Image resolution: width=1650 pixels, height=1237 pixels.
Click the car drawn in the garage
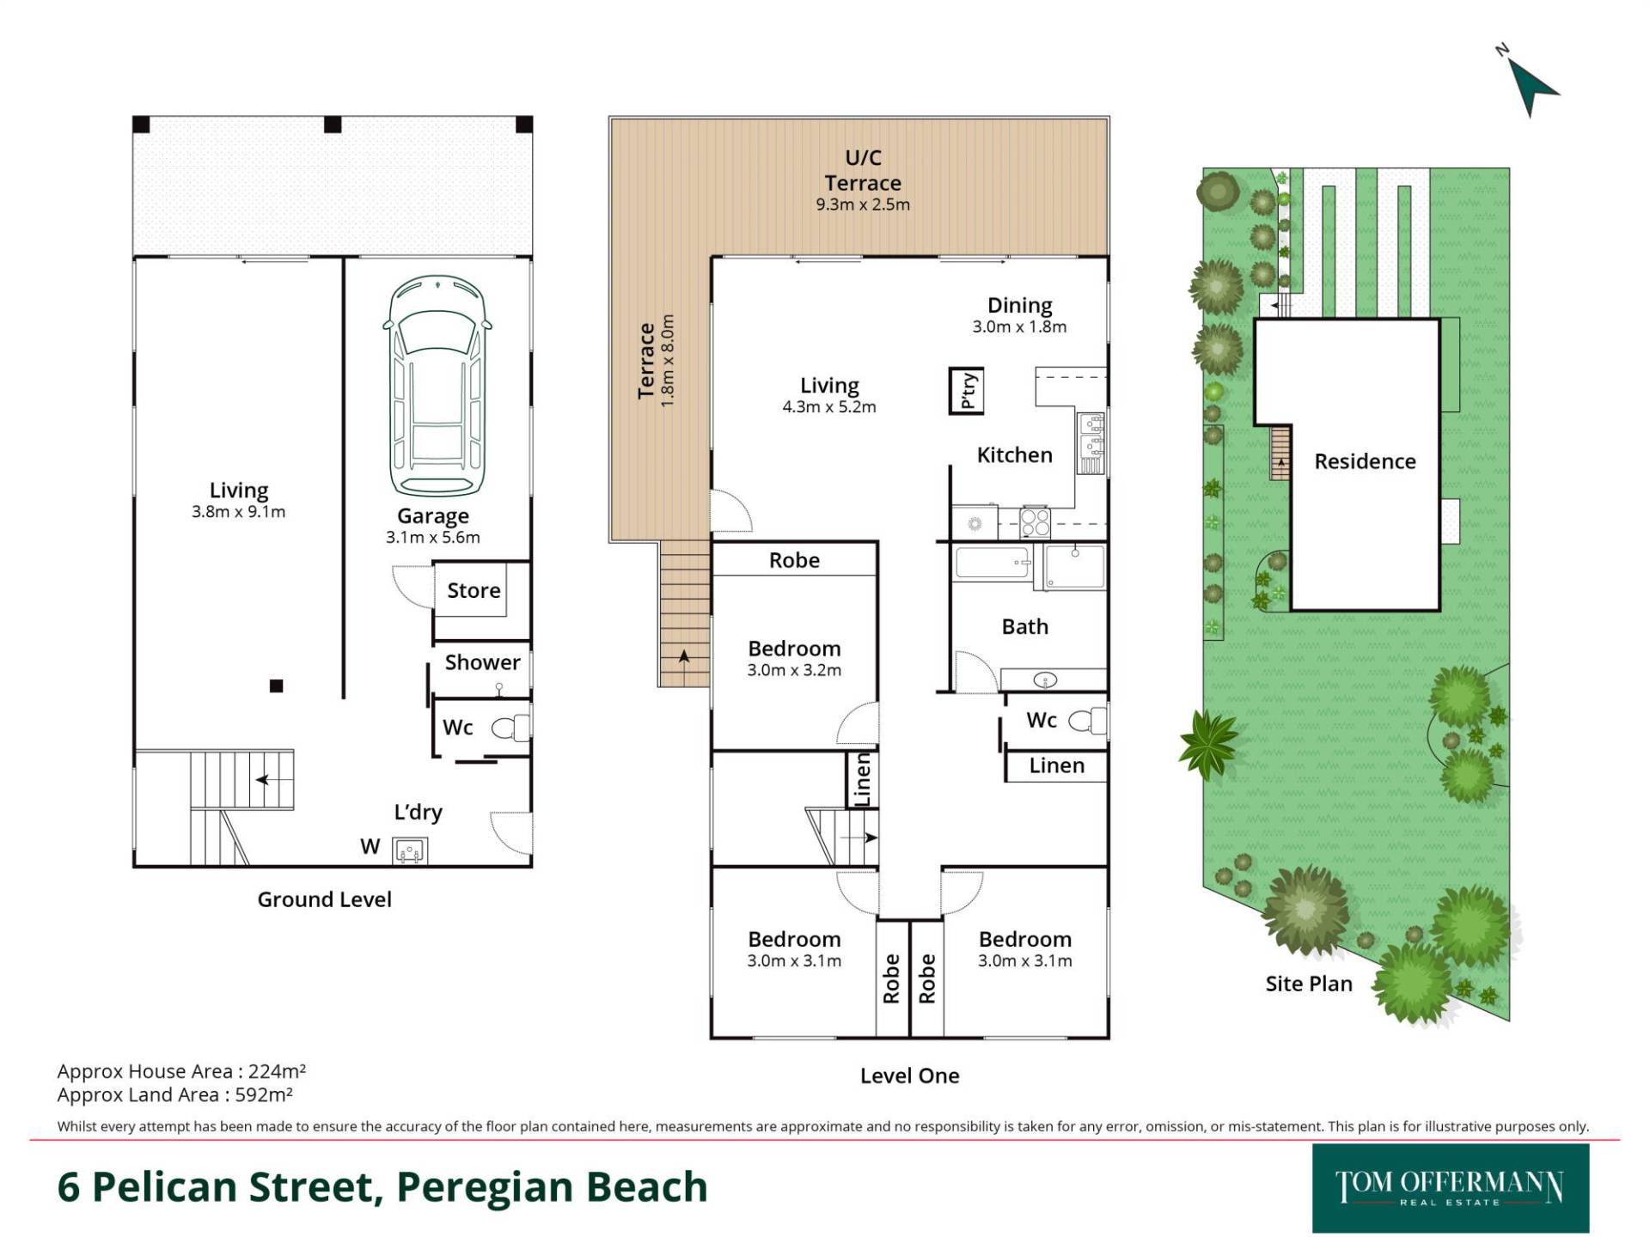(437, 386)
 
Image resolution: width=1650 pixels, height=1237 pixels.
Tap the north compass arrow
(1532, 88)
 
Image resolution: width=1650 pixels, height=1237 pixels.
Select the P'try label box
(967, 391)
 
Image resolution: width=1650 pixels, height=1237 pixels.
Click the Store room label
(474, 590)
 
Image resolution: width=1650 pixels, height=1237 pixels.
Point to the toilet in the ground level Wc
(511, 728)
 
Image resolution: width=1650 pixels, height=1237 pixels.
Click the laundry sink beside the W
(410, 850)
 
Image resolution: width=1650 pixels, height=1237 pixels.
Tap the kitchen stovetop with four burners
(1035, 521)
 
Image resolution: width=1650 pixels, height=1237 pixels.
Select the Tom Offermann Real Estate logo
(1451, 1188)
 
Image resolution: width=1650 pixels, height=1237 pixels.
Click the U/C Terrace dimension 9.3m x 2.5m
(863, 204)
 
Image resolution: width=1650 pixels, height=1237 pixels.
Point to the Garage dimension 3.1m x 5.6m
(432, 538)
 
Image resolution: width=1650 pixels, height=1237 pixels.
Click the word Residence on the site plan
(1365, 461)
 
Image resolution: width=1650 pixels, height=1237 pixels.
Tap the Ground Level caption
(324, 899)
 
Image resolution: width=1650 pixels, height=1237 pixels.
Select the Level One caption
(909, 1076)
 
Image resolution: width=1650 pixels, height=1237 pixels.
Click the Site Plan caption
(1309, 984)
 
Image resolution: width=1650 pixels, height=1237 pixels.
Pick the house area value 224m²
(277, 1071)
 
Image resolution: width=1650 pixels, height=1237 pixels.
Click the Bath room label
(1024, 626)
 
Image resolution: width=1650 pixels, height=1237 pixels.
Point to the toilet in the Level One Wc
(1088, 720)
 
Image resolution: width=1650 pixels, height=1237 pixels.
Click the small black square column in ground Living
(276, 686)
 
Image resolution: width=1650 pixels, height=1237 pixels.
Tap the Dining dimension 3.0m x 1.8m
(1019, 327)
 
